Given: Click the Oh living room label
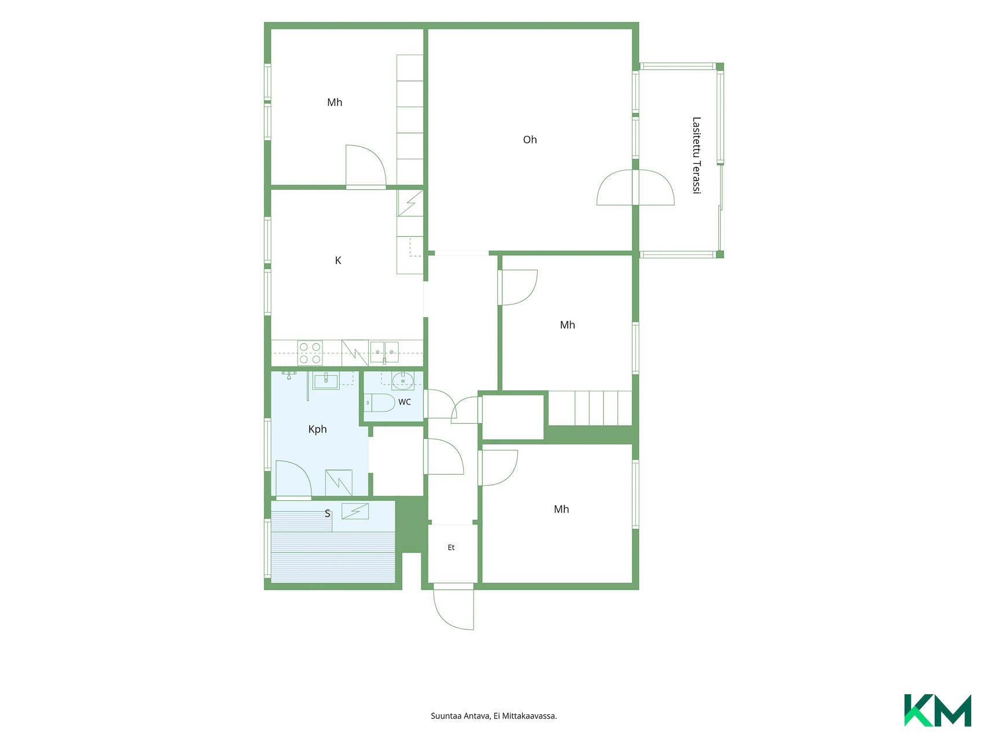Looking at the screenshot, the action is (530, 140).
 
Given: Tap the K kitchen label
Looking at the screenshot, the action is (338, 261).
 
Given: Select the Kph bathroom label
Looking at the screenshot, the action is (318, 429).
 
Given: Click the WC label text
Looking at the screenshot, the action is (405, 402).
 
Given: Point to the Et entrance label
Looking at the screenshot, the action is (451, 548).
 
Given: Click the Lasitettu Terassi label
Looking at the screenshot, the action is (696, 155).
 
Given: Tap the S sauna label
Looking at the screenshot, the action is (328, 513).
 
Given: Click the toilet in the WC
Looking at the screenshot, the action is (380, 402).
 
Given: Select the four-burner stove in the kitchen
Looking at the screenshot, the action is (310, 353).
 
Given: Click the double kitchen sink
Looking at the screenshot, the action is (384, 351).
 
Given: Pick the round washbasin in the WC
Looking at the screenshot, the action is (403, 380).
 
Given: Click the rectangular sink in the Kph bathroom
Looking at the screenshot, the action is (326, 381).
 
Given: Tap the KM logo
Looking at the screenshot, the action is (938, 710).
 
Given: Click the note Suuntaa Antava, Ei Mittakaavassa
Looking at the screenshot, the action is (494, 716).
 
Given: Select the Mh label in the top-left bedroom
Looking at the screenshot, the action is (335, 102).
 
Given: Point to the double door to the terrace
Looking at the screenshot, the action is (636, 188).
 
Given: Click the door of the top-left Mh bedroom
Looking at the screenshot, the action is (366, 167).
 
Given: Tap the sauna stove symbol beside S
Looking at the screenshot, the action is (355, 511).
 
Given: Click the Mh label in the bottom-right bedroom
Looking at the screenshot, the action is (561, 509).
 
